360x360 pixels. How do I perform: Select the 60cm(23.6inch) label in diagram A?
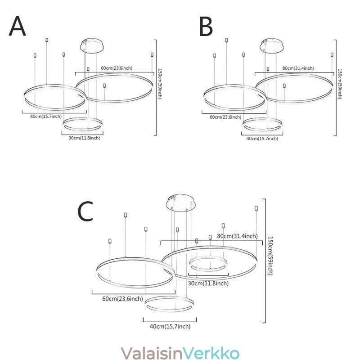coord(116,68)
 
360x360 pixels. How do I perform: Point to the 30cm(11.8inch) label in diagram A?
coord(84,138)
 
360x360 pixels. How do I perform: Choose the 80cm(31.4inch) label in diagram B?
coord(298,68)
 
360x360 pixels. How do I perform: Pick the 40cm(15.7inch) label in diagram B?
coord(262,139)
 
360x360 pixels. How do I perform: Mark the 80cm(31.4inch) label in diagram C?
coord(238,236)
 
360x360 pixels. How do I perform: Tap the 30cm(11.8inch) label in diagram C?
coord(208,283)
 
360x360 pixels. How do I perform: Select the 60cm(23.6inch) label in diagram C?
coord(122,298)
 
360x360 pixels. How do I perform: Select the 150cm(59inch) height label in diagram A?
coord(160,84)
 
